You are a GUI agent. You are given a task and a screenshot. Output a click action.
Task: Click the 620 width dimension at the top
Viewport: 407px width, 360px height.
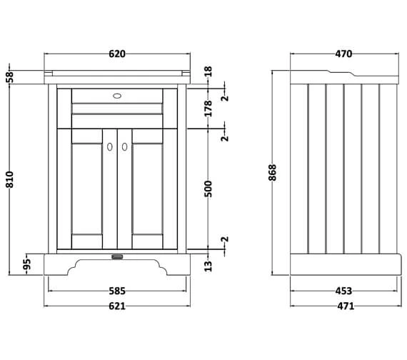pyautogui.click(x=117, y=54)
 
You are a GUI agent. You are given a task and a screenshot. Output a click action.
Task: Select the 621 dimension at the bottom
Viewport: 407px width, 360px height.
pyautogui.click(x=117, y=306)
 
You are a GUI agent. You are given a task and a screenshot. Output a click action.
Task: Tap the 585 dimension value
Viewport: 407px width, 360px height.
pyautogui.click(x=117, y=291)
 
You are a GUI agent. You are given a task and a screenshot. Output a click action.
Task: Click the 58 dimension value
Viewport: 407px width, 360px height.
pyautogui.click(x=10, y=76)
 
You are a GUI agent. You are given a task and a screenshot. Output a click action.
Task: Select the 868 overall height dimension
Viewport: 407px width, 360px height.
pyautogui.click(x=273, y=173)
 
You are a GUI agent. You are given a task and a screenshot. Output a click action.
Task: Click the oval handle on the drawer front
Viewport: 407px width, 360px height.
pyautogui.click(x=117, y=94)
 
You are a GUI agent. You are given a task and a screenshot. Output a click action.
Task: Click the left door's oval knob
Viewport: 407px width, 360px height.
pyautogui.click(x=110, y=146)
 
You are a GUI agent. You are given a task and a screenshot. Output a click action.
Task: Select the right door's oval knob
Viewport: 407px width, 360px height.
pyautogui.click(x=124, y=146)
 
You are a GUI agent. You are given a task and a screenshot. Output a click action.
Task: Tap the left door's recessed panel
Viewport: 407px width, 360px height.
pyautogui.click(x=86, y=191)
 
